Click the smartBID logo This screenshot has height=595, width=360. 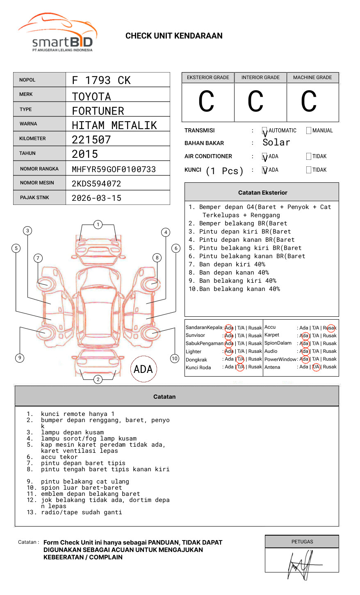click(57, 33)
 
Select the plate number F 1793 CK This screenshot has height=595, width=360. click(101, 80)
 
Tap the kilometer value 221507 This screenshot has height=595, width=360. click(91, 140)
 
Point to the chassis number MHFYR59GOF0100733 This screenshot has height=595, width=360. click(114, 169)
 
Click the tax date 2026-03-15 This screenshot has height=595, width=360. click(96, 198)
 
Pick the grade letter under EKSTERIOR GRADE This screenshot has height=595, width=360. click(206, 102)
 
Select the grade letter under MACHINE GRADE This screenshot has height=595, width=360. click(309, 102)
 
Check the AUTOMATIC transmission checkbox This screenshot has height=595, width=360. click(264, 131)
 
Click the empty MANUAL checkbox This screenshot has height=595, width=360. click(309, 131)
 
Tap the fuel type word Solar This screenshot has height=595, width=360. click(276, 143)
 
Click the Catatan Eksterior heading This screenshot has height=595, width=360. click(262, 193)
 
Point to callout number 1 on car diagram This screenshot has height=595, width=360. click(98, 225)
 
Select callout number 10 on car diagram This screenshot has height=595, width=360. click(175, 359)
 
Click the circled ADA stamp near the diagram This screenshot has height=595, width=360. click(144, 369)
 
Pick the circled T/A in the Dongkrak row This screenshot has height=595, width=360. click(240, 359)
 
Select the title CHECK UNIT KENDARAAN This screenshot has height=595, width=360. click(174, 36)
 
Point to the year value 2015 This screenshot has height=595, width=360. click(85, 154)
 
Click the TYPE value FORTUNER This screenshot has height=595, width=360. click(98, 111)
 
